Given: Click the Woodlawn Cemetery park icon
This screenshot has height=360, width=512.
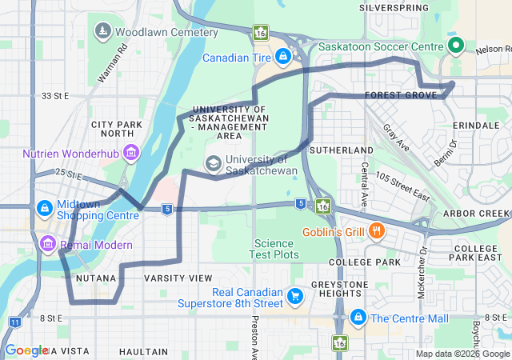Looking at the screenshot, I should click(103, 32).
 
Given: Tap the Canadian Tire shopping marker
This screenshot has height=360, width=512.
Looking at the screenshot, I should click(282, 57).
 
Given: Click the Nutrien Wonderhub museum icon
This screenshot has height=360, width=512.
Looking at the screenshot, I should click(131, 151).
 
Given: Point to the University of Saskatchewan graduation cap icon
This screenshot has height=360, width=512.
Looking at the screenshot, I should click(214, 163).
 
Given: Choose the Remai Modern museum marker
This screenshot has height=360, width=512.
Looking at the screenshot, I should click(47, 242).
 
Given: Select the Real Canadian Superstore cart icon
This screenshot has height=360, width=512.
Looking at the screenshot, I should click(296, 296).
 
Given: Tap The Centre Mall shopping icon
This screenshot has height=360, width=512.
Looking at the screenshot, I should click(357, 318).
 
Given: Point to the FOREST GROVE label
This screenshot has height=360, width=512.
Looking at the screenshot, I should click(400, 95).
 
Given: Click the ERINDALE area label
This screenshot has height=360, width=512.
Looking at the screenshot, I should click(476, 126).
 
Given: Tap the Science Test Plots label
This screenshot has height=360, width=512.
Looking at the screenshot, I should click(277, 249).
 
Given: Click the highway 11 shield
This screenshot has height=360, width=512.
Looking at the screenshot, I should click(14, 322).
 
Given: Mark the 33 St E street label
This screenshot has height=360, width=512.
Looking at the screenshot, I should click(56, 96).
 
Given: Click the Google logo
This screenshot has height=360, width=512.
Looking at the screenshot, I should click(26, 350).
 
